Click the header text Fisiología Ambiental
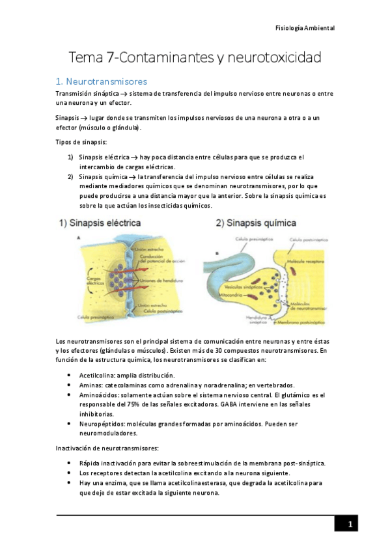coord(305,29)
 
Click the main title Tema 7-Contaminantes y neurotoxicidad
coord(195,57)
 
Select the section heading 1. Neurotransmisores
coord(102,81)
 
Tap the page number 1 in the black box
coord(350,525)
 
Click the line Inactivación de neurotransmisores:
coord(109,448)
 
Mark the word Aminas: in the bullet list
coord(90,385)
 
